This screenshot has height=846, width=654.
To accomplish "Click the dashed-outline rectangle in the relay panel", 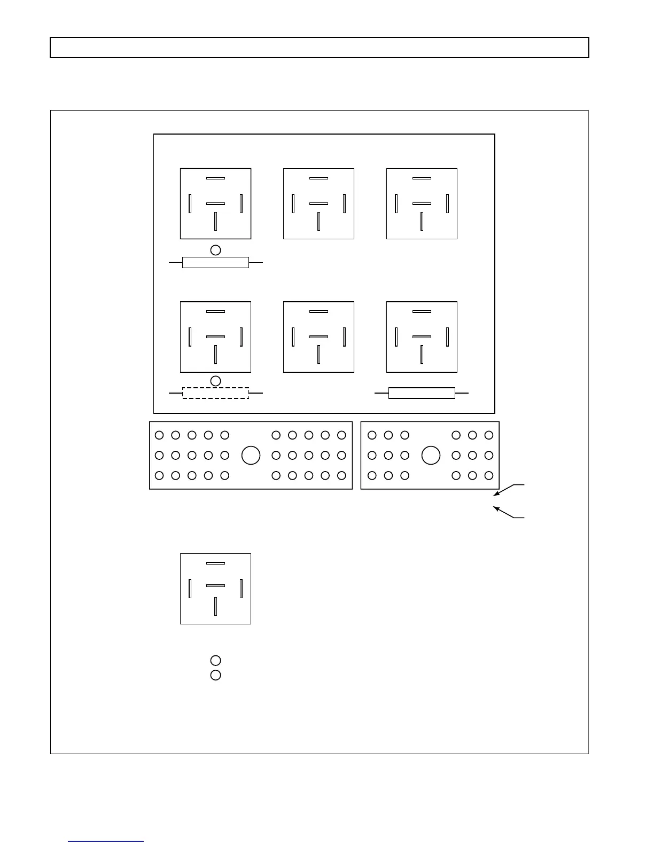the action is click(215, 393).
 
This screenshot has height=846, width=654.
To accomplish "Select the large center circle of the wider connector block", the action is click(251, 455).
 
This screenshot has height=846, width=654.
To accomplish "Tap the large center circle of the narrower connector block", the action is click(431, 455).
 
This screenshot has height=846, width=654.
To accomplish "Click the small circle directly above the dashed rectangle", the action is click(215, 381).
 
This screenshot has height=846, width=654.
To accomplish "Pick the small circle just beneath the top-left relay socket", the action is click(215, 250).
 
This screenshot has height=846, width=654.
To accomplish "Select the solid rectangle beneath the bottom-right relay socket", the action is click(422, 393).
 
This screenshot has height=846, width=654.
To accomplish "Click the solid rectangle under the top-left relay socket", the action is click(215, 262).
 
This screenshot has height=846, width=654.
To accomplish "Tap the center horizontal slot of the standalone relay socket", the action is click(215, 585).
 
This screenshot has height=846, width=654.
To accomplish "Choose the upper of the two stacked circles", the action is click(215, 661).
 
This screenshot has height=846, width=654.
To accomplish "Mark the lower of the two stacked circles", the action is click(215, 675).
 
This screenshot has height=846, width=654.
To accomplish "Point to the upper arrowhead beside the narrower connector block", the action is click(495, 495).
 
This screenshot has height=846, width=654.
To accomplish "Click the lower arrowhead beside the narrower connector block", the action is click(495, 508).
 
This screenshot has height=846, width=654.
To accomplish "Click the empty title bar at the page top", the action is click(320, 48).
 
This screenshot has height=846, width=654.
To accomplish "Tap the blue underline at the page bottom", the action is click(106, 841).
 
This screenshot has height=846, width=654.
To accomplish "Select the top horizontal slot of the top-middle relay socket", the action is click(318, 178).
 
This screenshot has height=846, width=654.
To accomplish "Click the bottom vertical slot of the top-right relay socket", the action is click(422, 221).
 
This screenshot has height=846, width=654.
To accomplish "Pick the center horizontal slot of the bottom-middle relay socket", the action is click(318, 336).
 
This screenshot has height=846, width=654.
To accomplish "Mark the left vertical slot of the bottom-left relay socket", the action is click(190, 336).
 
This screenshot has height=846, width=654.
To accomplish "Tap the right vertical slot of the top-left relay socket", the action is click(241, 203).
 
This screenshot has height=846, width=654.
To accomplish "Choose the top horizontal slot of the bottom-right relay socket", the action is click(422, 311).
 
